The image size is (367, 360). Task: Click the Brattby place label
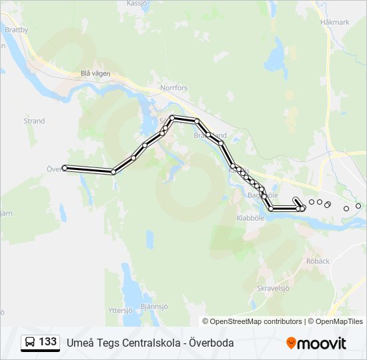coord(16,30)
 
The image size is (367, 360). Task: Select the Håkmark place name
coord(334,22)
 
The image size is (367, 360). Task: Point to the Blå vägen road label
coord(95,74)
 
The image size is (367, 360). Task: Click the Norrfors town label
coord(174,87)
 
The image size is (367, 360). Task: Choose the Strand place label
coord(34,121)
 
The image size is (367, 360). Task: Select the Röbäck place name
coord(318,261)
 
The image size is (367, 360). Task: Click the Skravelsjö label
coord(273,289)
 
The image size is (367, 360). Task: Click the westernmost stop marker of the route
coord(65,168)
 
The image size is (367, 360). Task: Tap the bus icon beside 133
coord(29,343)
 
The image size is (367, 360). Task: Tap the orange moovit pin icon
coord(291,343)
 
